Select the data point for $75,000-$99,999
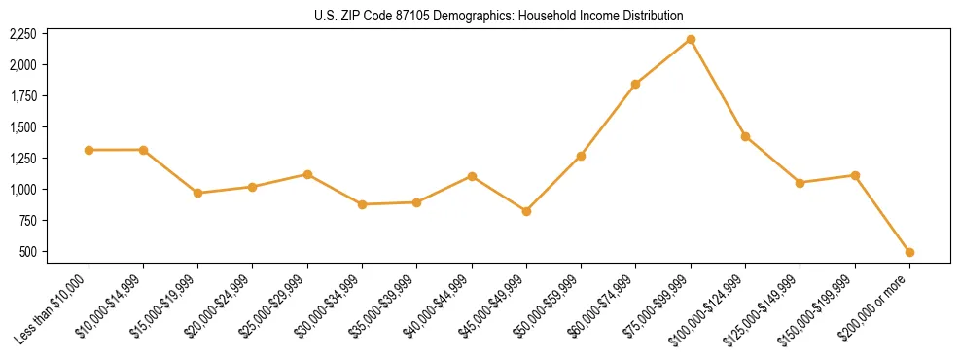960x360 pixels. click(x=691, y=39)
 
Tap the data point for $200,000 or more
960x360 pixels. click(x=909, y=252)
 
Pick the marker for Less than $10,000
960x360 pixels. click(x=89, y=150)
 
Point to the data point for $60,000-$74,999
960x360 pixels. click(x=635, y=84)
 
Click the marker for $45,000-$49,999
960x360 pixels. click(x=526, y=211)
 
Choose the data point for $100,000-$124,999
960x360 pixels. click(x=745, y=136)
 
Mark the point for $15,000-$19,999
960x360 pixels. click(x=197, y=193)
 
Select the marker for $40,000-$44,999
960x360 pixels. click(x=472, y=176)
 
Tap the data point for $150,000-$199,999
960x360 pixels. click(x=855, y=175)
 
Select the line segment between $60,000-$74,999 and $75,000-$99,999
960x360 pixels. click(x=663, y=61)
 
